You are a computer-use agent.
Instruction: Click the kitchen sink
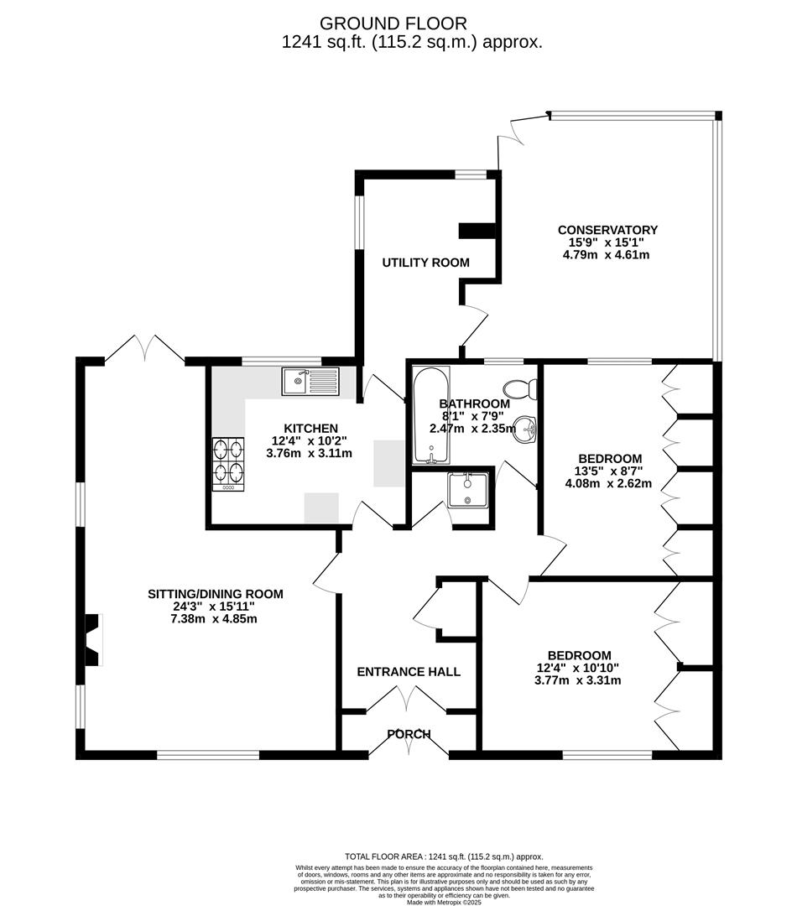point(310,382)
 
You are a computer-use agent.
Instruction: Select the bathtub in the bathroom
point(431,415)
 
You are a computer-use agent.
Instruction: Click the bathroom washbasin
point(526,430)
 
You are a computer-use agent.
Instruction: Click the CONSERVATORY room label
point(607,230)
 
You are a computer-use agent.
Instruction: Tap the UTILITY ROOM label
point(425,263)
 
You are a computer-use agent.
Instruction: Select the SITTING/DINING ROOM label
point(216,594)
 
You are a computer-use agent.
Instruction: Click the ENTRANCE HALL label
point(409,672)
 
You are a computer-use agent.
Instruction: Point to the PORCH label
point(409,734)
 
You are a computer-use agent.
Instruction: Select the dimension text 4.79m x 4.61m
point(607,255)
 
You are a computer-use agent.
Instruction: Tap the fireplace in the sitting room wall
point(92,639)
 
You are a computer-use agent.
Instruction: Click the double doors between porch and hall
point(407,698)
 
